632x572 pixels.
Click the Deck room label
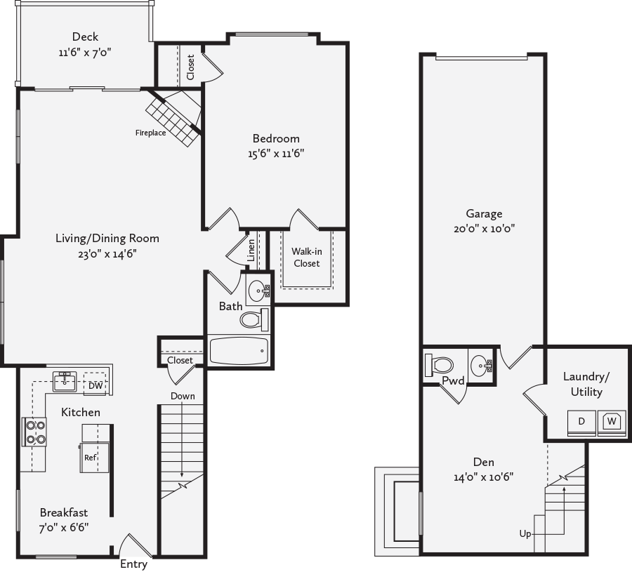(x=85, y=37)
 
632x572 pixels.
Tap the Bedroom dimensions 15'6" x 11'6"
(x=276, y=153)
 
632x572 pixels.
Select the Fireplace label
(x=151, y=133)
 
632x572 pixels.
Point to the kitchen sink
(x=65, y=382)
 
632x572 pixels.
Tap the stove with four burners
(x=35, y=432)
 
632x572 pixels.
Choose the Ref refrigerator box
(x=91, y=457)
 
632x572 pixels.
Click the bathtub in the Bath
(x=239, y=350)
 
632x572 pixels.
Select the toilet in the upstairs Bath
(x=254, y=319)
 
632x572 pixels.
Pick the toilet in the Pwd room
(x=439, y=365)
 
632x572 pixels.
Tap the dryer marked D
(x=581, y=422)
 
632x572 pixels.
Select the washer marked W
(x=612, y=422)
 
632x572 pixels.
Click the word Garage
(x=484, y=214)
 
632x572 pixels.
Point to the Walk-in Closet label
(x=306, y=257)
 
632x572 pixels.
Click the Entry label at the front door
(x=133, y=564)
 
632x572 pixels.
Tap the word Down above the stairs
(x=182, y=397)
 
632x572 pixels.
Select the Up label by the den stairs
(x=525, y=534)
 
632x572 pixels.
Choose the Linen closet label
(x=251, y=249)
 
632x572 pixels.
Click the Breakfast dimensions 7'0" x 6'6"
(x=64, y=527)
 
